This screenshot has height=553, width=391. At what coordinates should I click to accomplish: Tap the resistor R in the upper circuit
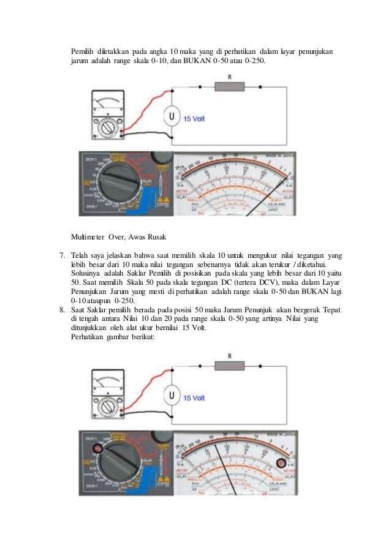229,88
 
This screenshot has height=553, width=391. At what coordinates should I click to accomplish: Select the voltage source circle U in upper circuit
172,116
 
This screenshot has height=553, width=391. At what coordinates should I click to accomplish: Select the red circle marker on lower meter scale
281,463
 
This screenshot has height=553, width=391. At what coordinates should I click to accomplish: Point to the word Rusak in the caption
153,236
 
